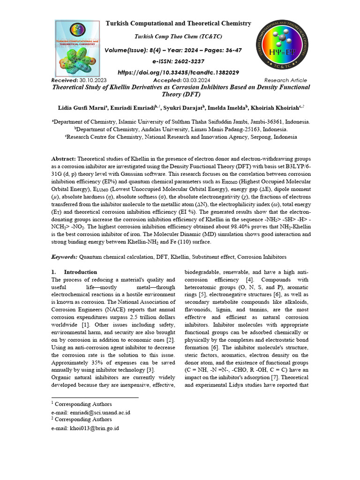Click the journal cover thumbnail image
pos(78,49)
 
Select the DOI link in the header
pos(178,73)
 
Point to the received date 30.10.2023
pos(93,81)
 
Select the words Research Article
pos(285,81)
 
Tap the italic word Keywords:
pos(64,257)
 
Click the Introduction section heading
pos(80,272)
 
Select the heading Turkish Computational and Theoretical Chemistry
pos(178,23)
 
